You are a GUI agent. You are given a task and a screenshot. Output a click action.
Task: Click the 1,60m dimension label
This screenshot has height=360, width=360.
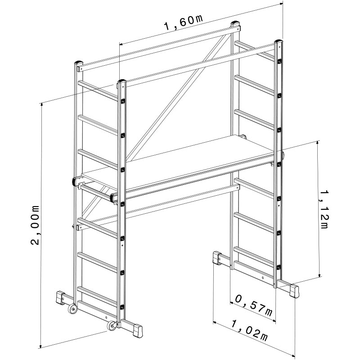coord(184,23)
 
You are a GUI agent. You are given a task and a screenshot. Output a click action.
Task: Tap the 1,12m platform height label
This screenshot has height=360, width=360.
coord(323,209)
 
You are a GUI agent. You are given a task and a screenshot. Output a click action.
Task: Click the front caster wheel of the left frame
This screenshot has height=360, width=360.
coord(112,326)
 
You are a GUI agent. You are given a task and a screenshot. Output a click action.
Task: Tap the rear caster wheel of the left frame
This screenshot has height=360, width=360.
coord(73,309)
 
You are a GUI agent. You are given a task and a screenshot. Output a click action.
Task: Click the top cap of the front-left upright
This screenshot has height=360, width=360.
coord(122,82)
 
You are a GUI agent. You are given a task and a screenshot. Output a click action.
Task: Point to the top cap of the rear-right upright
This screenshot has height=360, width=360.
coord(235,23)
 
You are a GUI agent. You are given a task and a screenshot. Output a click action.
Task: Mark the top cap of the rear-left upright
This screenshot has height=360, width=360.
coord(78,63)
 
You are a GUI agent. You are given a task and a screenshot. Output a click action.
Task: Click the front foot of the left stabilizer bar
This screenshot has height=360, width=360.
coord(138,331)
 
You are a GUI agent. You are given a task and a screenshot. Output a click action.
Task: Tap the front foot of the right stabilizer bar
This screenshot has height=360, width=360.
coord(295,291)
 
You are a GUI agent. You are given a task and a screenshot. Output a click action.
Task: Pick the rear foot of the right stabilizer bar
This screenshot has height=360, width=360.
coord(217,258)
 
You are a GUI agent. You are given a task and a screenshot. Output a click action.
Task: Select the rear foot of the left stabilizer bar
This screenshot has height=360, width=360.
coord(61,298)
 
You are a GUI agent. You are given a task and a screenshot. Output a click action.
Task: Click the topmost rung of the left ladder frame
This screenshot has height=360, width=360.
coord(98,89)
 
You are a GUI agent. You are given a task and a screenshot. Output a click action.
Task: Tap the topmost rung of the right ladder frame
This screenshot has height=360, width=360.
coord(255,49)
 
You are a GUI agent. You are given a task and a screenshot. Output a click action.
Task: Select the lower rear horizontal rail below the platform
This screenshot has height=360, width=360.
coord(158,208)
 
